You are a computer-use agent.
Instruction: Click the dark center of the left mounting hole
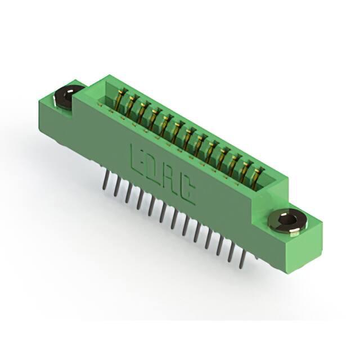click(68, 96)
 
